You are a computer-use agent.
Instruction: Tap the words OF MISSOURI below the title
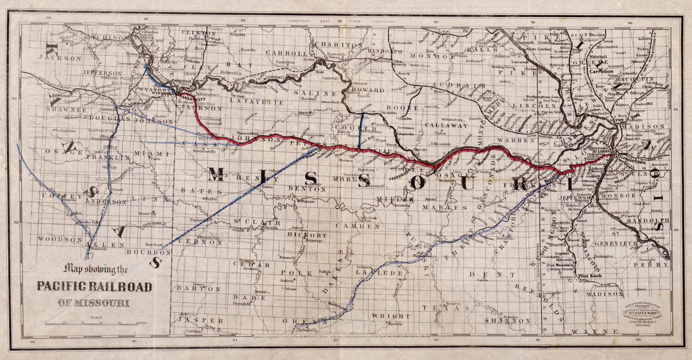(94, 303)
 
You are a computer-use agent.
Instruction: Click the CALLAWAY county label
(446, 125)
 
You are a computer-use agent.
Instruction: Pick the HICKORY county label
(308, 236)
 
